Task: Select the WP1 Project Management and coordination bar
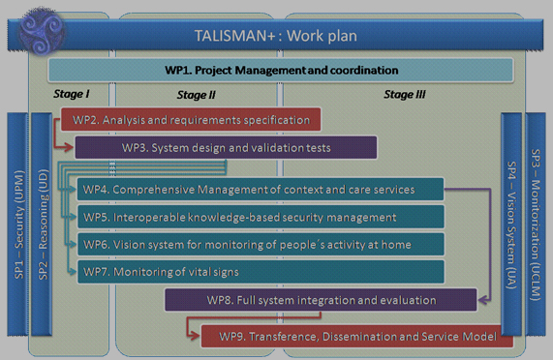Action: point(280,70)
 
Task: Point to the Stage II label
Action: point(197,95)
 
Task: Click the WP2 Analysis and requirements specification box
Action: point(191,120)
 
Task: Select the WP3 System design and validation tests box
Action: point(227,148)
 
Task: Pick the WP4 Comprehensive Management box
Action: point(261,189)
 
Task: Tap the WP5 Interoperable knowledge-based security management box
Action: point(261,217)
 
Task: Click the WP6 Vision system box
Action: point(261,244)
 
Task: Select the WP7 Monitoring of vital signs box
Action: point(261,272)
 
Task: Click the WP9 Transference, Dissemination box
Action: point(356,336)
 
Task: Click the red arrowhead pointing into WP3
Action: point(69,148)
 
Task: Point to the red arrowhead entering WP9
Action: point(194,336)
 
